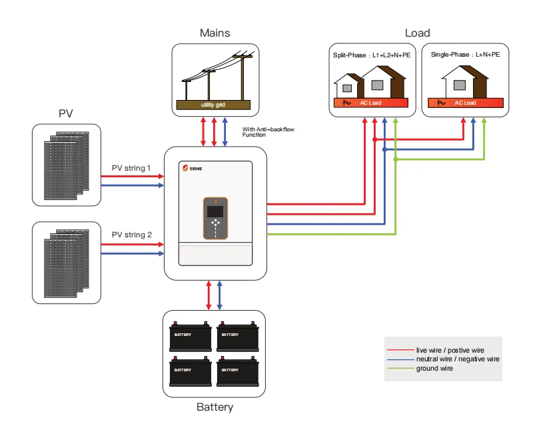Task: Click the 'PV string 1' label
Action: [131, 168]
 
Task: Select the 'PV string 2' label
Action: [131, 235]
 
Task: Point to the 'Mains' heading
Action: [214, 33]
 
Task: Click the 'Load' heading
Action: [417, 33]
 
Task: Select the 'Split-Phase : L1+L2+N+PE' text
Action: [371, 55]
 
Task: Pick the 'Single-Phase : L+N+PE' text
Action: [465, 55]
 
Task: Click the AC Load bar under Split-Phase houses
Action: [371, 103]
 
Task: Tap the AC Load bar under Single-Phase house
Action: [465, 103]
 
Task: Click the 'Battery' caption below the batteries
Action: [215, 407]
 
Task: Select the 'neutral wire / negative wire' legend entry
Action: [457, 359]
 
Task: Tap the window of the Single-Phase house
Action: [459, 85]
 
